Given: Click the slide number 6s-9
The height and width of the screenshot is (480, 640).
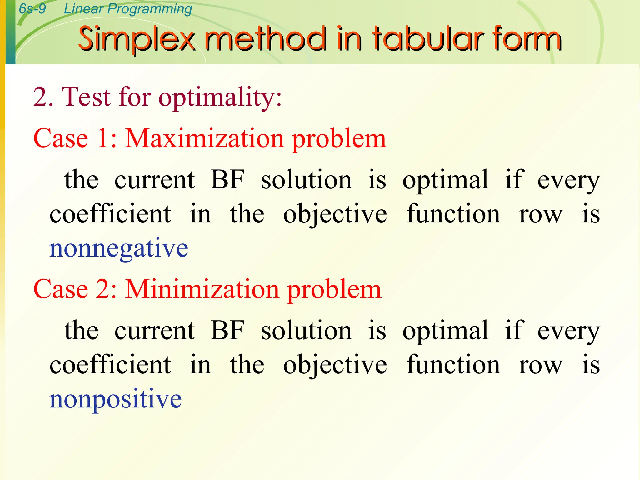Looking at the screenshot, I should click(x=32, y=8).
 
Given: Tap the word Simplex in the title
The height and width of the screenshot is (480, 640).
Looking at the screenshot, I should click(x=137, y=39).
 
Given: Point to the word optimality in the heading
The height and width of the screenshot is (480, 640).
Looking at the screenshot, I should click(x=220, y=97).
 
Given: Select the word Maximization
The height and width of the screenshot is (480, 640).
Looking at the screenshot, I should click(x=204, y=138).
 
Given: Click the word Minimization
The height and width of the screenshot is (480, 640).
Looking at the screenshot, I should click(x=202, y=289).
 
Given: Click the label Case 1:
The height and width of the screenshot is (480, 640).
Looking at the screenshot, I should click(x=75, y=138).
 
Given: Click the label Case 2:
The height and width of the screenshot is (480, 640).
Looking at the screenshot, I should click(x=75, y=289).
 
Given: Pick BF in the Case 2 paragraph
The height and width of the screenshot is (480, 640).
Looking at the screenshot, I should click(x=227, y=330).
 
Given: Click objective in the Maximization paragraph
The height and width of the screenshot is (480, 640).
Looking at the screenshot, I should click(x=335, y=215).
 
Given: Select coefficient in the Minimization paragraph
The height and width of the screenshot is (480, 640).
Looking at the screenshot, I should click(x=110, y=365).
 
